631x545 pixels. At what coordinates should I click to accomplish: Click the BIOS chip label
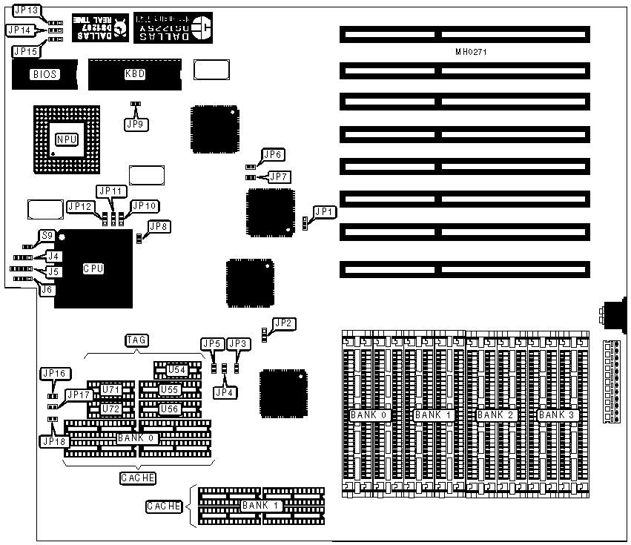click(x=44, y=74)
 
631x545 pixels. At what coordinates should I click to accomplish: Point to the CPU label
click(x=93, y=269)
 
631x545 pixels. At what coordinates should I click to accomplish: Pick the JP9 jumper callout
click(x=135, y=124)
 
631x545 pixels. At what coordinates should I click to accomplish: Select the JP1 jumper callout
click(x=324, y=212)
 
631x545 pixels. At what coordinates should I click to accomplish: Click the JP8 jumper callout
click(x=159, y=227)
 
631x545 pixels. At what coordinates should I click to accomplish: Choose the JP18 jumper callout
click(x=53, y=441)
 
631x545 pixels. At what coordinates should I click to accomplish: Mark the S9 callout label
click(x=47, y=235)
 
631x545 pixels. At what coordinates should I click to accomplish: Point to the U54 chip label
click(x=177, y=370)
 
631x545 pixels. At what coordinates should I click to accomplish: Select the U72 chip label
click(x=111, y=409)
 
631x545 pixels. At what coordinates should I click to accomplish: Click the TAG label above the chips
click(x=136, y=340)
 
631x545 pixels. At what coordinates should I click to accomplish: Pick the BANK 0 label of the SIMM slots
click(x=371, y=415)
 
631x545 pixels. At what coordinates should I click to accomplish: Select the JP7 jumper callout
click(x=279, y=176)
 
